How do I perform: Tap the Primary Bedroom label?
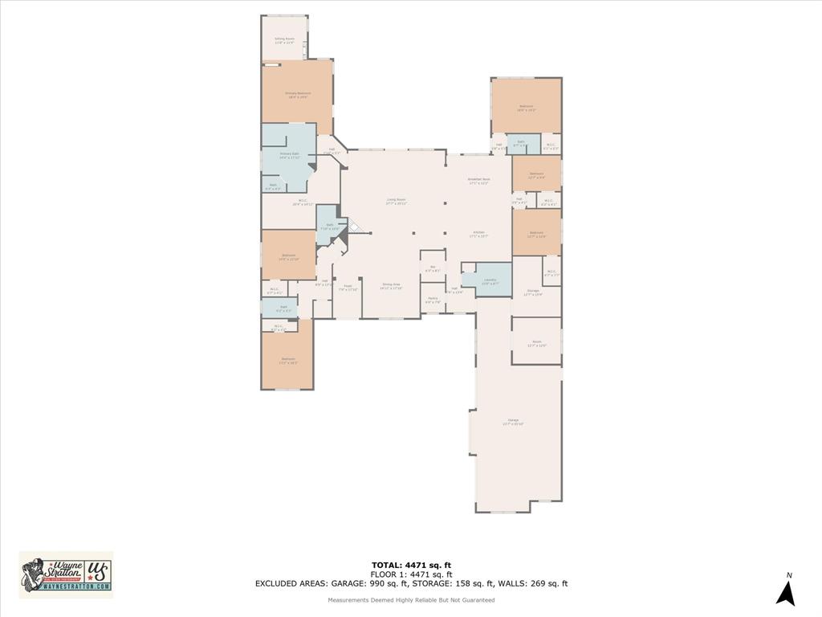pos(298,95)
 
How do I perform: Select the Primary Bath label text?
pos(289,156)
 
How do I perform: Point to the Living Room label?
pos(396,201)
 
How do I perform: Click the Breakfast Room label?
pos(479,181)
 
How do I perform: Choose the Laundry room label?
pos(490,281)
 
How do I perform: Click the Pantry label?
pos(433,300)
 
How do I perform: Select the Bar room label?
pos(432,269)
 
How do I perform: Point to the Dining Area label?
pos(391,286)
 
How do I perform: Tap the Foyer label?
pos(348,287)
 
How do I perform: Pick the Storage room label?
pos(533,292)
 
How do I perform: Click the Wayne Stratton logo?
pos(66,574)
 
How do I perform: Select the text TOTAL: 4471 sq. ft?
pos(411,565)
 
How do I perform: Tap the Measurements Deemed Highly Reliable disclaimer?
pos(411,600)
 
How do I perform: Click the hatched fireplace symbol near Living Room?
pos(356,227)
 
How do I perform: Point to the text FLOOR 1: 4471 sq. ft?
pos(411,574)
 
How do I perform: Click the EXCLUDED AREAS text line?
pos(411,584)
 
